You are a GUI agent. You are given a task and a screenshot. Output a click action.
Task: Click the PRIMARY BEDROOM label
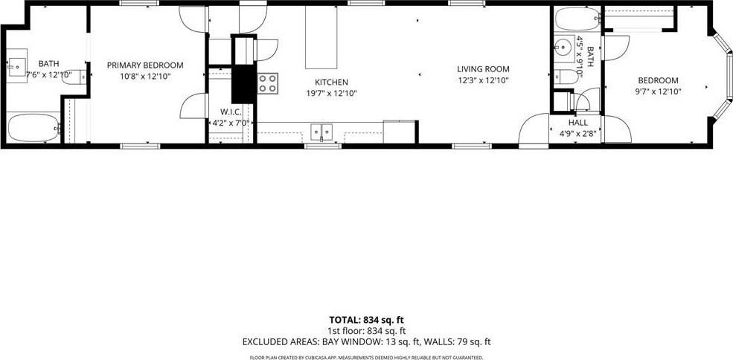point(144,65)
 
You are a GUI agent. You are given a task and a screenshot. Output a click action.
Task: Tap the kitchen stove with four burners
point(268,83)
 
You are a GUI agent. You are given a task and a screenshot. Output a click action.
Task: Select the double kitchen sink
point(321,132)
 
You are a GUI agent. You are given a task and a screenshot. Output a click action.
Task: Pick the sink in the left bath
point(16,66)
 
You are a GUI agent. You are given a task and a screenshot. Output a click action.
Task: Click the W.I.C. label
point(231,112)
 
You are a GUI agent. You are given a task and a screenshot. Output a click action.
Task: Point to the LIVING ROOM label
point(483,69)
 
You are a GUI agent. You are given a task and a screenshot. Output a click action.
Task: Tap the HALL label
point(577,123)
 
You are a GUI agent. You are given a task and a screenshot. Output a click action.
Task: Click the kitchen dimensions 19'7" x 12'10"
point(331,93)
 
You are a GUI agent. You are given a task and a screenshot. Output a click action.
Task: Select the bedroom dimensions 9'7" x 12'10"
point(658,91)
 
